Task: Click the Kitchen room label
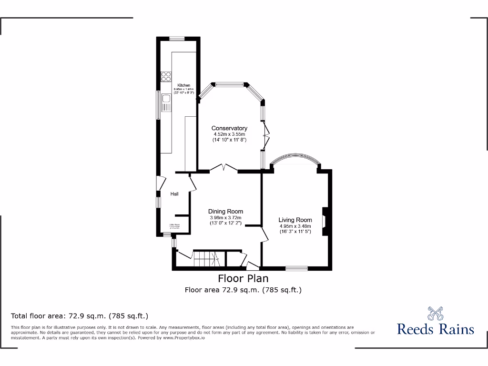click(x=184, y=85)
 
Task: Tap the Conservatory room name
click(x=229, y=128)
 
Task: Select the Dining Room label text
click(x=225, y=212)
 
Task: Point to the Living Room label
click(x=295, y=220)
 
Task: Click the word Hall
click(x=175, y=194)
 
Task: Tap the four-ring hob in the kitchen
click(x=166, y=77)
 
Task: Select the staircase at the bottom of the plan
click(x=206, y=259)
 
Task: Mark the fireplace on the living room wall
click(x=325, y=222)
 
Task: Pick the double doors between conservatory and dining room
click(x=224, y=167)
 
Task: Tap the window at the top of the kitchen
click(x=178, y=38)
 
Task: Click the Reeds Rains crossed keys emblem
click(x=435, y=314)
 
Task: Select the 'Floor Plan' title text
click(x=243, y=278)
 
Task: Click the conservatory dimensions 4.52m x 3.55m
click(x=229, y=134)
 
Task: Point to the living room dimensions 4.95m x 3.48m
click(x=295, y=226)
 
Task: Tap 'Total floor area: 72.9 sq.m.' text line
click(x=80, y=315)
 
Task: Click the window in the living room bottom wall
click(x=296, y=268)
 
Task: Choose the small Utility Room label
click(x=173, y=226)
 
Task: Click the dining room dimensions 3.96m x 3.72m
click(x=225, y=218)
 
